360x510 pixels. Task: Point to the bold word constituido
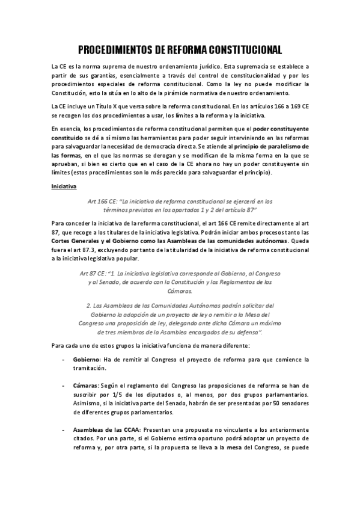tap(68, 137)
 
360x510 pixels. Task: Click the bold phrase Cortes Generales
tap(77, 241)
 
